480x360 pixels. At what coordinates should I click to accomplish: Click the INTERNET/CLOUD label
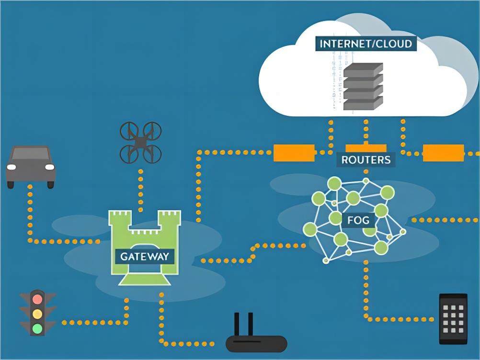pyautogui.click(x=366, y=44)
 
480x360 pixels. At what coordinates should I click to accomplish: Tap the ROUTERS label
pyautogui.click(x=366, y=159)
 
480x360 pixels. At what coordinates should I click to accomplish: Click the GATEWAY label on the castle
pyautogui.click(x=145, y=256)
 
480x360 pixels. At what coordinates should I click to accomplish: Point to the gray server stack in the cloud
pyautogui.click(x=364, y=86)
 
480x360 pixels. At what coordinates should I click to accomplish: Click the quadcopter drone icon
pyautogui.click(x=140, y=142)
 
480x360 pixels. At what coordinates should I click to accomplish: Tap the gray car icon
pyautogui.click(x=31, y=166)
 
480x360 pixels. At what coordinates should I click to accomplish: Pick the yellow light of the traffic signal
pyautogui.click(x=37, y=314)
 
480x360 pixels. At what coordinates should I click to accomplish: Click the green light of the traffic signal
pyautogui.click(x=37, y=329)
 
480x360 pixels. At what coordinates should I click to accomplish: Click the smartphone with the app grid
pyautogui.click(x=453, y=318)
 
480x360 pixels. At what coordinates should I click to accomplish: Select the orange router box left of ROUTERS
pyautogui.click(x=294, y=153)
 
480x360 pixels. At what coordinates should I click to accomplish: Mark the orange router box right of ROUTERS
pyautogui.click(x=443, y=153)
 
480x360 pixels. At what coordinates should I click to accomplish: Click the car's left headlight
pyautogui.click(x=11, y=167)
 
